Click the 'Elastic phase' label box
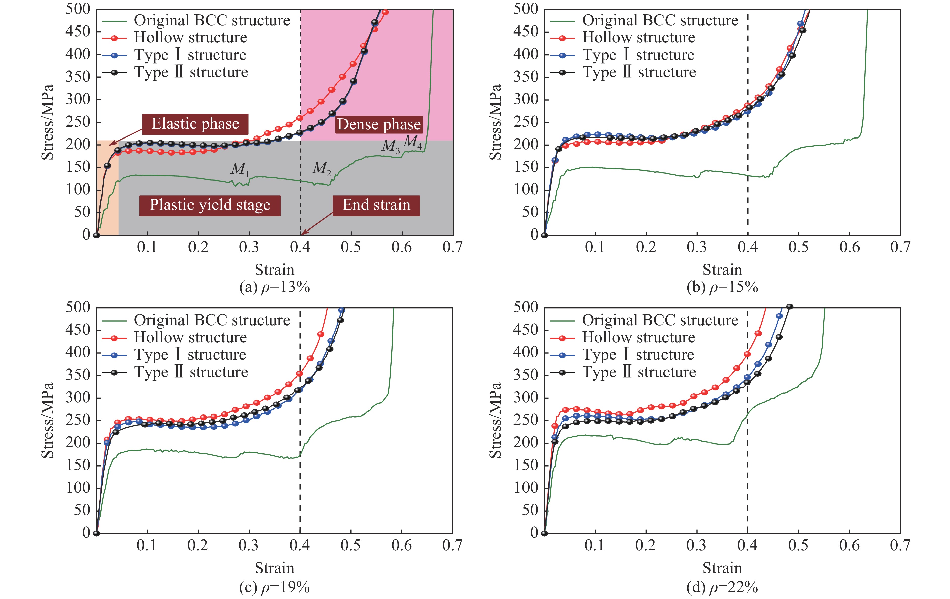195,124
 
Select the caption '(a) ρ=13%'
275,287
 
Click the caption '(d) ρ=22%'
722,587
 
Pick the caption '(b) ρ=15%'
722,287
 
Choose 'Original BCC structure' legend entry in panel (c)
212,320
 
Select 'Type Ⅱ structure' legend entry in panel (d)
639,372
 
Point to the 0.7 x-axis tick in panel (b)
900,247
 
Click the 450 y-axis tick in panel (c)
78,330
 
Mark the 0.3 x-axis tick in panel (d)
697,546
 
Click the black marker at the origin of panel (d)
544,533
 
